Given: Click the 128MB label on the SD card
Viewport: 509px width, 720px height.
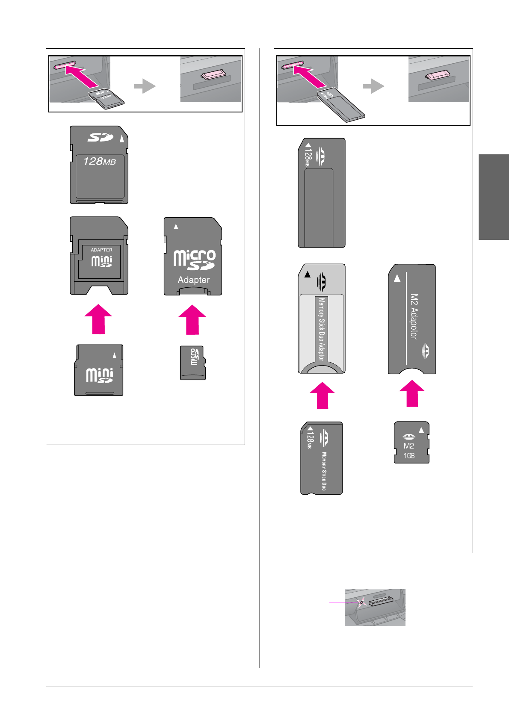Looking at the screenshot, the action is coord(99,161).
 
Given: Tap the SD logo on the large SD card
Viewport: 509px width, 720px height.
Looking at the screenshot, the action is coord(100,138).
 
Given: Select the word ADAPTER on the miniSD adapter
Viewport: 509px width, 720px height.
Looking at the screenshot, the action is coord(101,250).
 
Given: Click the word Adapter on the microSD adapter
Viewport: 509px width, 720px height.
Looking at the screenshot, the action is coord(193,280).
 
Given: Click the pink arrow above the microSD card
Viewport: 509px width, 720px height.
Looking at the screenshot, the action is coord(192,319).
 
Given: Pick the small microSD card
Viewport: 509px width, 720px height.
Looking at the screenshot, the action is coord(192,363).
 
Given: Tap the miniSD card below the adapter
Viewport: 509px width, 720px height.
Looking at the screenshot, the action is coord(99,370).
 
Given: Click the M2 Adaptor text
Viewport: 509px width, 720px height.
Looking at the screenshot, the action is coord(414,316).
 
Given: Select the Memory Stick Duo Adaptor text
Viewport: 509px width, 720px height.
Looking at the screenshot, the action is coord(321,329).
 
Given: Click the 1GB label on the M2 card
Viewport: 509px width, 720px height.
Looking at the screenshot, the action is coord(409,456).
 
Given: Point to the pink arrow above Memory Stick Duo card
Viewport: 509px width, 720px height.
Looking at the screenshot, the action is coord(322,395).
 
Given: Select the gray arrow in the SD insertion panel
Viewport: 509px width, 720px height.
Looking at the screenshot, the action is coord(145,86).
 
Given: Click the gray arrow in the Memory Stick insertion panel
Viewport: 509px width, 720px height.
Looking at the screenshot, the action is coord(373,86).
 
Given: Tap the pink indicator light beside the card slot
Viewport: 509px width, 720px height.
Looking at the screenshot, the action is coord(361,602).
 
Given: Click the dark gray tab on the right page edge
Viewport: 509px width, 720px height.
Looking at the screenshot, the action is coord(494,197).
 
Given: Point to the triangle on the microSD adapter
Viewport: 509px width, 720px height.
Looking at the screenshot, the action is coord(176,226).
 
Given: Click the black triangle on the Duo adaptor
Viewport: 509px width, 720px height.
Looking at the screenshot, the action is coord(307,274).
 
